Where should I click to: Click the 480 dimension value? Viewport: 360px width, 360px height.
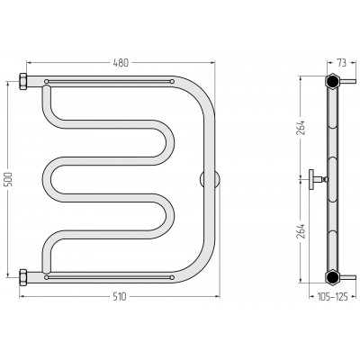(121, 63)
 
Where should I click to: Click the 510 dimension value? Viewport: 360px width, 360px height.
(120, 297)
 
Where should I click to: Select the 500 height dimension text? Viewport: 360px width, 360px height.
(9, 179)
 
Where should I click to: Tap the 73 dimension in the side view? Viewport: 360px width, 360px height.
(341, 63)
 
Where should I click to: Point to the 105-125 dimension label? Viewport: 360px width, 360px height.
(333, 297)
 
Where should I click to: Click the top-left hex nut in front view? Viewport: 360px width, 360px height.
(23, 81)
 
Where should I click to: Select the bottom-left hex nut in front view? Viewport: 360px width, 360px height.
(23, 277)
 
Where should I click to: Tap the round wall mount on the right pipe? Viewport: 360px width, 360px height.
(210, 180)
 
